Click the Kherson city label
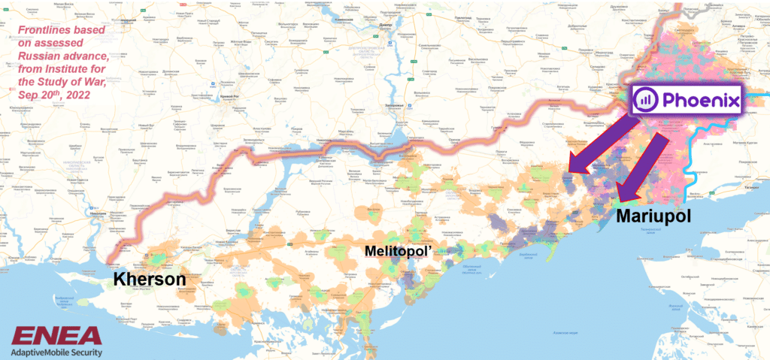[x=150, y=280]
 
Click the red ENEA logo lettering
[x=56, y=335]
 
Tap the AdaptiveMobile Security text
[x=56, y=351]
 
